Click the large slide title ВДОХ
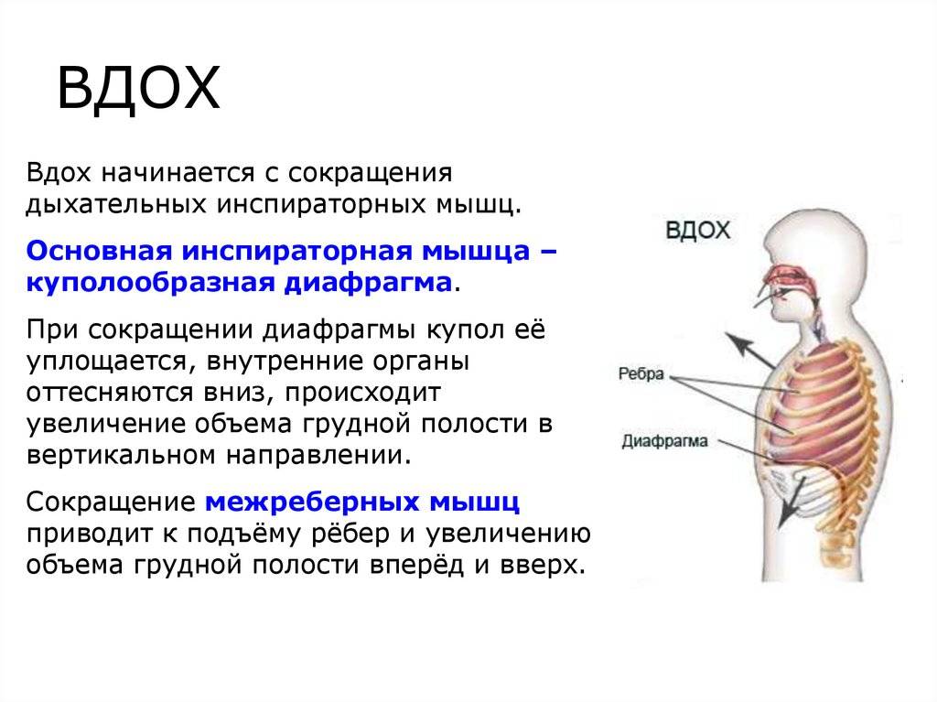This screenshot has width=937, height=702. (139, 89)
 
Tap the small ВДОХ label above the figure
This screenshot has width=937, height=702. (697, 231)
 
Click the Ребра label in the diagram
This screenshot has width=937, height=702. (641, 374)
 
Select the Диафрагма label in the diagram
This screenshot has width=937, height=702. (664, 441)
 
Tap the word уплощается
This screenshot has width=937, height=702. (106, 362)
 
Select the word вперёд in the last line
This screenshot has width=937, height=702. (416, 565)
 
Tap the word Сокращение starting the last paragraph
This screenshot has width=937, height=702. (111, 502)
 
